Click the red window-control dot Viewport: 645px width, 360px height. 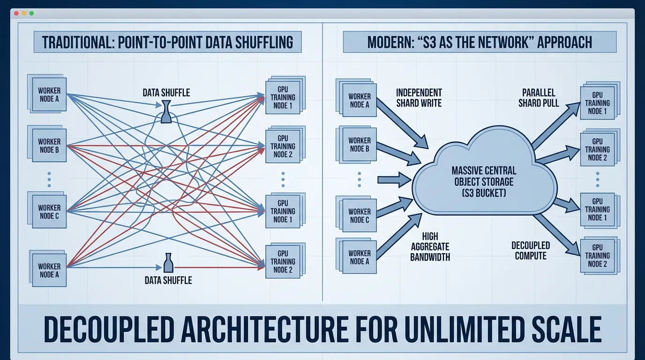coord(16,14)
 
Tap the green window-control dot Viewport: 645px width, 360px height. coord(31,14)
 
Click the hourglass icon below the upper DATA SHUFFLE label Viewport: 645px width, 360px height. coord(166,111)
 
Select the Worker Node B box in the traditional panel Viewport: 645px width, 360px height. coord(49,145)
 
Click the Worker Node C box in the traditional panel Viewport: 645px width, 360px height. coord(49,211)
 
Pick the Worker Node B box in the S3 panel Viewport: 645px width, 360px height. coord(359,144)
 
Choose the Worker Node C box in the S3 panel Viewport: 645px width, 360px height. coord(359,216)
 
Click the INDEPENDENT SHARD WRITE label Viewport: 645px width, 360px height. coord(419,97)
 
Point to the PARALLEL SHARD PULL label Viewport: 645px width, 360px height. coord(539,97)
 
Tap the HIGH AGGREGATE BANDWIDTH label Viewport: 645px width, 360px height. coord(429,247)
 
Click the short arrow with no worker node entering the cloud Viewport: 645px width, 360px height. coord(393,179)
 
